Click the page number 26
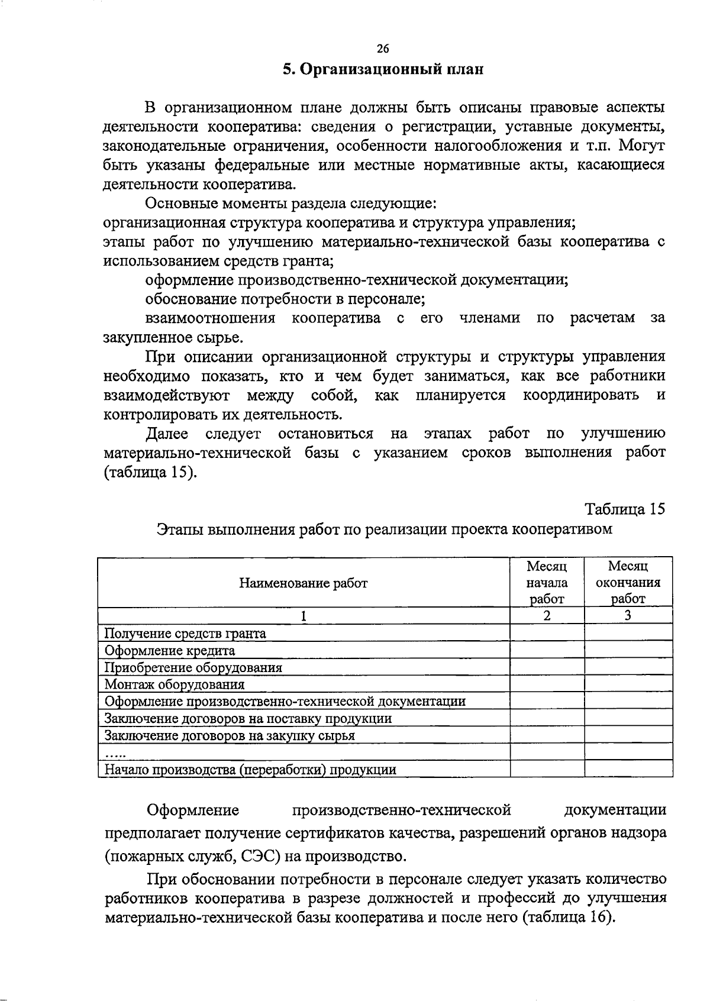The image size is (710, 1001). tap(383, 49)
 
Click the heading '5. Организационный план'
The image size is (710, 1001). tap(383, 70)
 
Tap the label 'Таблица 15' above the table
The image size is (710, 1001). tap(625, 509)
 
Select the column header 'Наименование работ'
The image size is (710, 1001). tap(303, 583)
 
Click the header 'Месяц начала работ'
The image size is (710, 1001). tap(547, 583)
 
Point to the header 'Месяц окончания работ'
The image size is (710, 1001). tap(628, 583)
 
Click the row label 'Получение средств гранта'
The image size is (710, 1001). tap(185, 634)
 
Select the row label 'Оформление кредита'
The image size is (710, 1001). tap(170, 651)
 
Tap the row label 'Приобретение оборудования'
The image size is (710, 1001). tap(193, 668)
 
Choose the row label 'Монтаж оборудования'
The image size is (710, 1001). tap(175, 684)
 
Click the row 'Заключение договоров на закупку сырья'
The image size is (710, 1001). tap(230, 736)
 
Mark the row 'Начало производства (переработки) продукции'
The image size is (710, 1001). tap(250, 770)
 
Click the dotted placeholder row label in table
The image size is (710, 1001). tap(115, 753)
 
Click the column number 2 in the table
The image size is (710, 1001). tap(547, 616)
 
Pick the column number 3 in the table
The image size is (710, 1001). tap(628, 616)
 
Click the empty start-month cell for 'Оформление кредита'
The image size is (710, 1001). tap(547, 651)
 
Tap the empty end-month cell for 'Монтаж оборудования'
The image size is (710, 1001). tap(628, 684)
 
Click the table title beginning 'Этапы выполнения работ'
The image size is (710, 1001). tap(384, 529)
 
